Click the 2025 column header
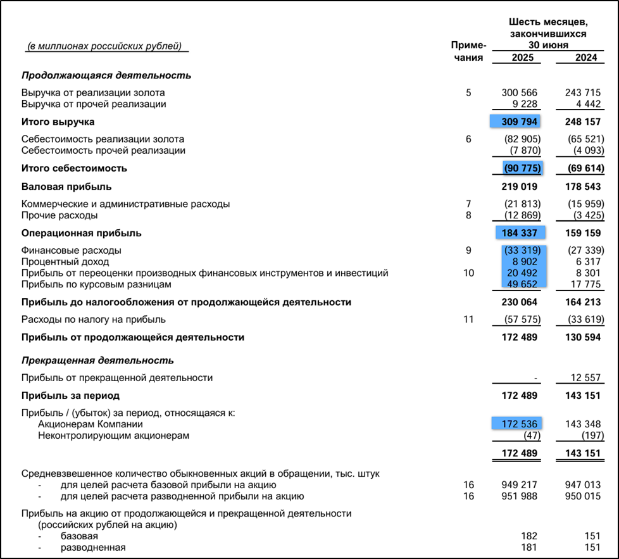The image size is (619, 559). pyautogui.click(x=522, y=58)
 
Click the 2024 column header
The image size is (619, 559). pyautogui.click(x=585, y=58)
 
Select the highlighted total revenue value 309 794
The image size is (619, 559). pyautogui.click(x=519, y=122)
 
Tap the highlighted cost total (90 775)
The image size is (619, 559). pyautogui.click(x=522, y=168)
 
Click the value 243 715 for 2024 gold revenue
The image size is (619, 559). pyautogui.click(x=583, y=93)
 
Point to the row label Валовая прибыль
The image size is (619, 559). pyautogui.click(x=66, y=187)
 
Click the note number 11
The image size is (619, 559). pyautogui.click(x=468, y=320)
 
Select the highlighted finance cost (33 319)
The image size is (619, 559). pyautogui.click(x=522, y=250)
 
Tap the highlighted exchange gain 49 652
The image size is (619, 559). pyautogui.click(x=522, y=284)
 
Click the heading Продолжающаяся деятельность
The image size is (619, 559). pyautogui.click(x=106, y=75)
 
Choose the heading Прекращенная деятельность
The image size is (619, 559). pyautogui.click(x=97, y=361)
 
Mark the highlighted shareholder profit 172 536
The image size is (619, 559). pyautogui.click(x=519, y=424)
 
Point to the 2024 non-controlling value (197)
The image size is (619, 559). pyautogui.click(x=592, y=436)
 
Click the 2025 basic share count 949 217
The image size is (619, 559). pyautogui.click(x=519, y=485)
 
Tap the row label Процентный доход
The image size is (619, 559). pyautogui.click(x=65, y=261)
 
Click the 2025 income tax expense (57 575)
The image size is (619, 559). pyautogui.click(x=521, y=320)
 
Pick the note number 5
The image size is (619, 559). pyautogui.click(x=468, y=93)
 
